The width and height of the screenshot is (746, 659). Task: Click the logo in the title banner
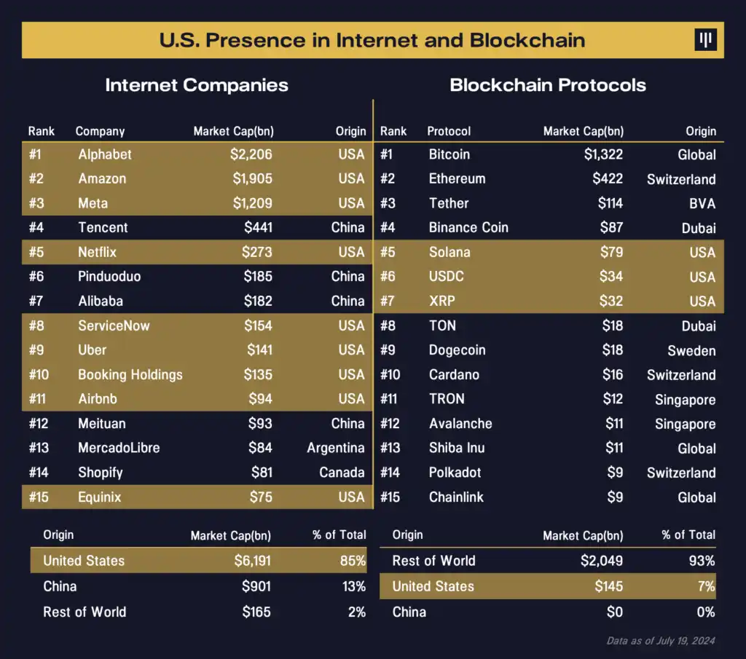pos(705,40)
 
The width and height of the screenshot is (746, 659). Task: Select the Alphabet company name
pos(105,154)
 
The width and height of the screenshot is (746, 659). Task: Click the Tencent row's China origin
pos(348,227)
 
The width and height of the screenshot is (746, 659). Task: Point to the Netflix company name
pos(97,252)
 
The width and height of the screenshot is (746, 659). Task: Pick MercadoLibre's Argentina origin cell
pos(335,448)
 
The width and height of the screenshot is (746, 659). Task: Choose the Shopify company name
pos(101,473)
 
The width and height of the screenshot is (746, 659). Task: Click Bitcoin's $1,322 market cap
pos(603,154)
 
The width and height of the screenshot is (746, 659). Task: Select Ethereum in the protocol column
pos(457,178)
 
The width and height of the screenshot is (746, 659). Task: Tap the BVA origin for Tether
pos(702,203)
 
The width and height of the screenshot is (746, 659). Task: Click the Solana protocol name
pos(449,252)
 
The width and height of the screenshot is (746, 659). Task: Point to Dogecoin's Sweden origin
pos(691,350)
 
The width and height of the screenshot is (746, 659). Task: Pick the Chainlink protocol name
pos(456,497)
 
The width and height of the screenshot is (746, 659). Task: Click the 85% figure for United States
pos(353,561)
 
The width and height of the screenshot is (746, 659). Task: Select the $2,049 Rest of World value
pos(602,561)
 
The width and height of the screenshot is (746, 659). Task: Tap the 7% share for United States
pos(705,586)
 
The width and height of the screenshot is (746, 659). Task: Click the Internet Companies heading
pos(197,85)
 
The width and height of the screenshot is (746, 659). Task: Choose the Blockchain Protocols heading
pos(548,85)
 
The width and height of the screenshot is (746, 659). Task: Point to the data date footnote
pos(661,641)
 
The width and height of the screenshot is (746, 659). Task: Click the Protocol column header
pos(449,131)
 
